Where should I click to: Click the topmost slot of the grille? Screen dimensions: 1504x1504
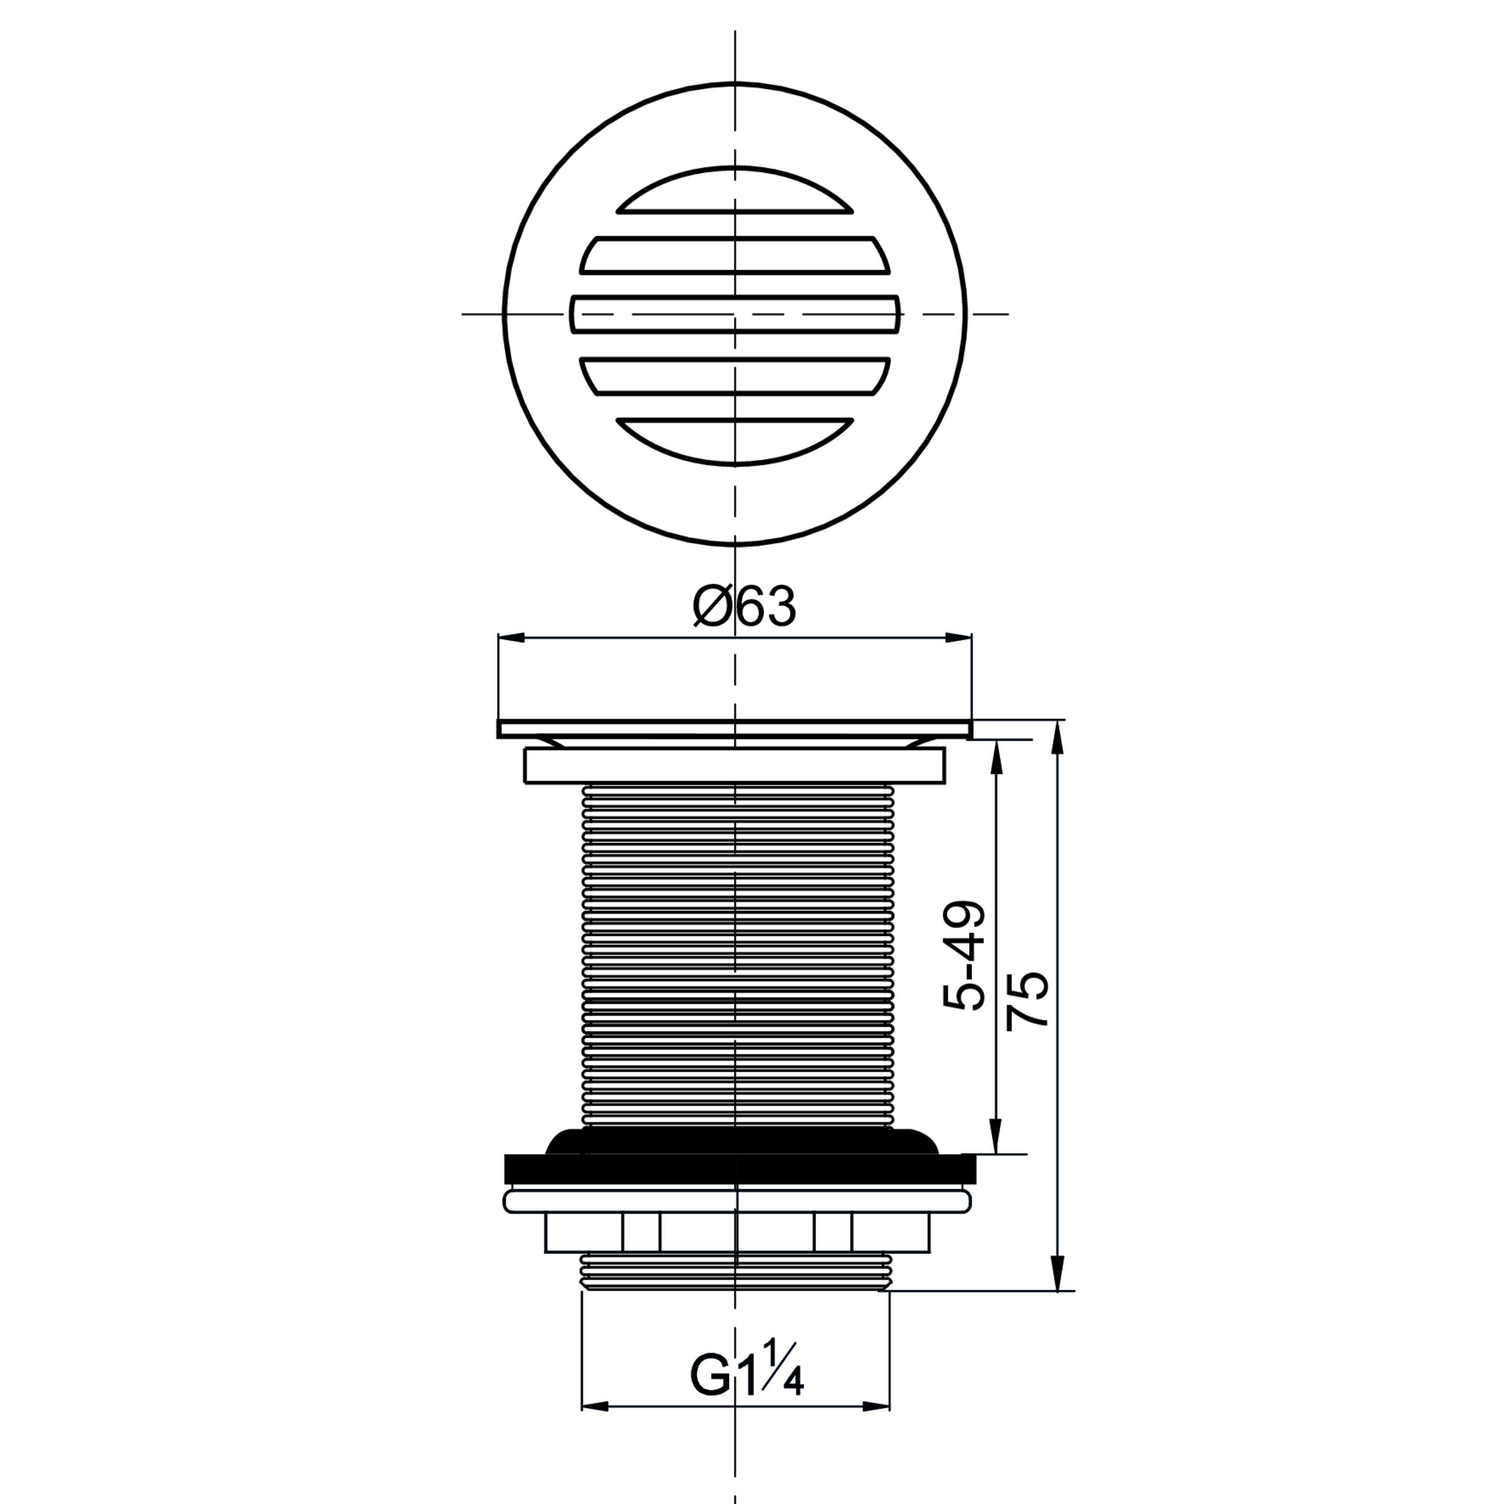735,191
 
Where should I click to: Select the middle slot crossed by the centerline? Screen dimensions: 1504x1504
735,314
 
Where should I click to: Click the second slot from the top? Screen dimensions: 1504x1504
735,255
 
